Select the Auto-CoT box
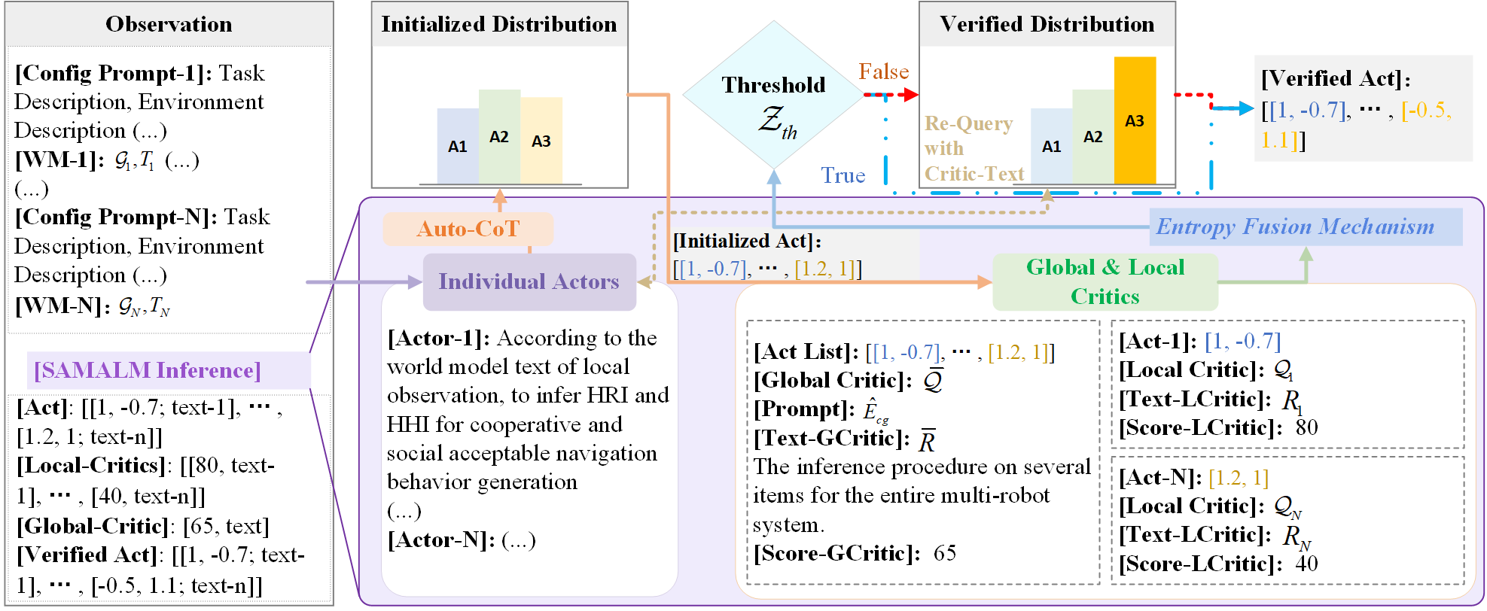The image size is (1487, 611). tap(468, 229)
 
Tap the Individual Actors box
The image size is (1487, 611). tap(529, 281)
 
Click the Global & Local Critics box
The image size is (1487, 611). tap(1105, 282)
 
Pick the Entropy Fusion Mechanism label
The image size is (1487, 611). tap(1295, 226)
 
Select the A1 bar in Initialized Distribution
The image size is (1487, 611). tap(458, 146)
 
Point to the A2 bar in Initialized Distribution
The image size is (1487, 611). tap(499, 136)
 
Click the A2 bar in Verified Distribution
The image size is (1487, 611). tap(1092, 136)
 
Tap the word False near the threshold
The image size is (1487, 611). tap(884, 71)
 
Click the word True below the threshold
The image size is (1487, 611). tap(843, 175)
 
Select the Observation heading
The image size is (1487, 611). tap(169, 24)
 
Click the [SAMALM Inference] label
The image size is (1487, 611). tap(148, 370)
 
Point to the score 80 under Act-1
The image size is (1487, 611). tap(1306, 427)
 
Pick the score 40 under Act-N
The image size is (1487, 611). tap(1306, 564)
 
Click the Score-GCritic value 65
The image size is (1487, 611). tap(945, 553)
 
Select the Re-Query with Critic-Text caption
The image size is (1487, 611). tap(974, 149)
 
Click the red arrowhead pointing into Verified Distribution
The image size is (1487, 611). tap(911, 95)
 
